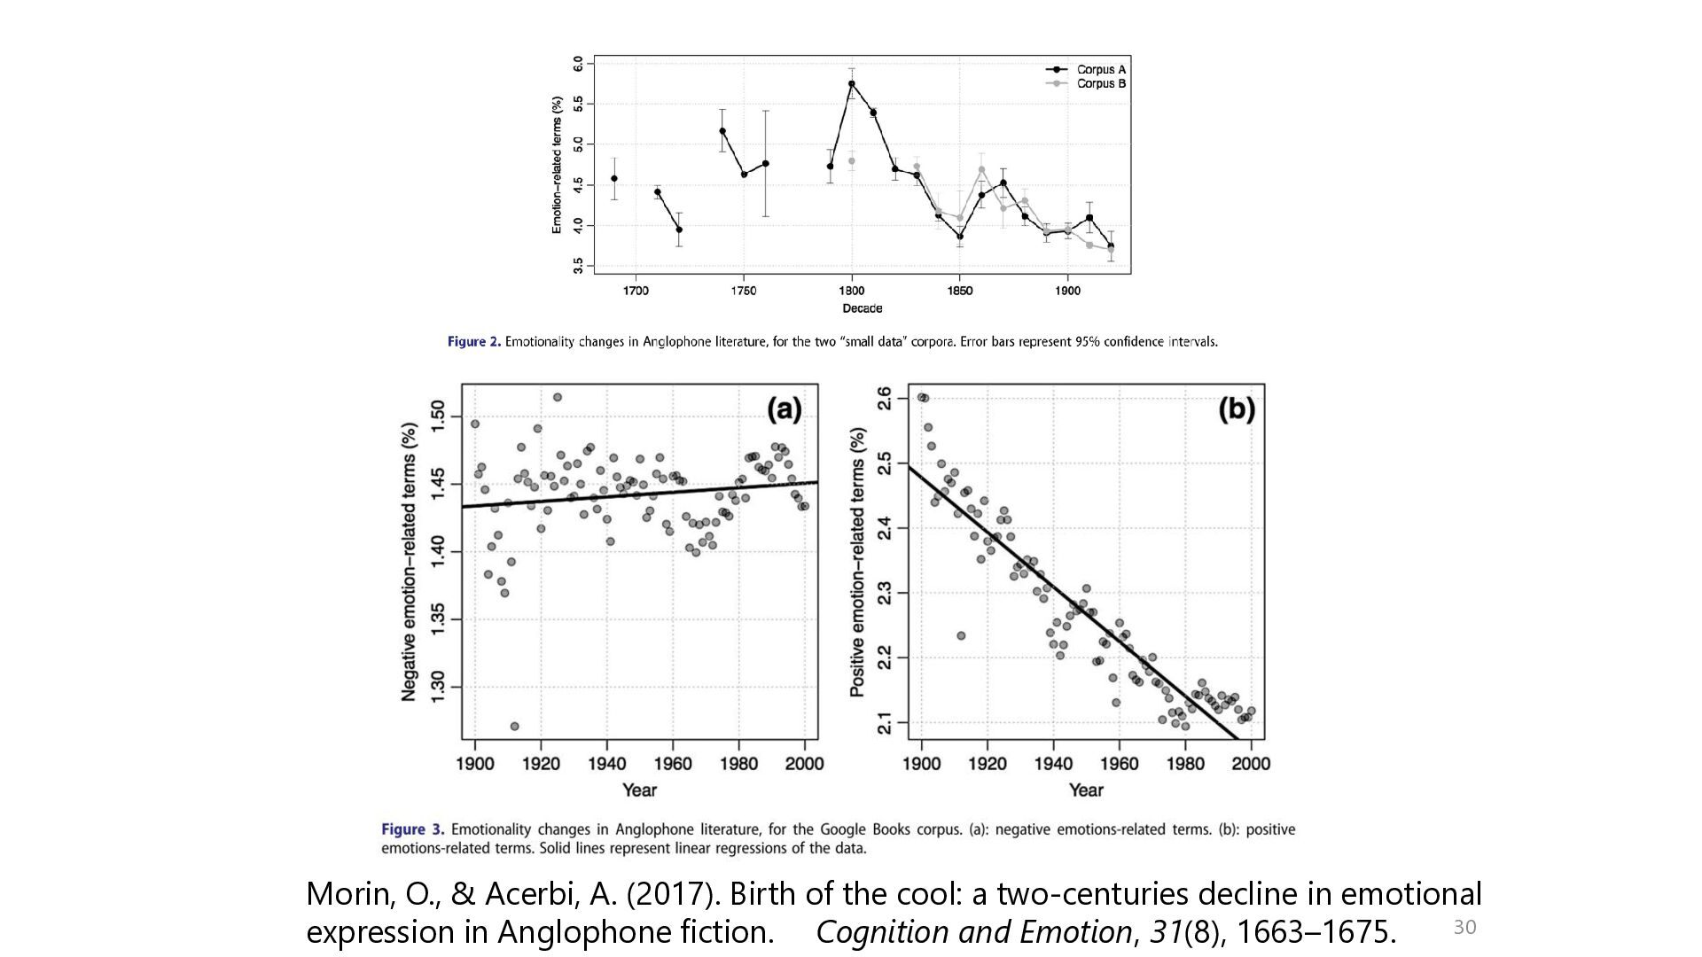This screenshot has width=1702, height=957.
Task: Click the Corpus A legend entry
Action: (1086, 69)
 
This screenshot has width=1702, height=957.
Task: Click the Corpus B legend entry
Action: (1086, 83)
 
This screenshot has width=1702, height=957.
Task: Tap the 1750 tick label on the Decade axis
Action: (744, 291)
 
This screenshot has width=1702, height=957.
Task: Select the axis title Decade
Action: (863, 308)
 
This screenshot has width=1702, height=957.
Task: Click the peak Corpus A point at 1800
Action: (852, 84)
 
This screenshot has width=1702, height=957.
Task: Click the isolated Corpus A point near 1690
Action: (614, 179)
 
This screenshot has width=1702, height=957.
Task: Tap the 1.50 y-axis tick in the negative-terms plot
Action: (437, 416)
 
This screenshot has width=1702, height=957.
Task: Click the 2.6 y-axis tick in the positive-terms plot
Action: (884, 399)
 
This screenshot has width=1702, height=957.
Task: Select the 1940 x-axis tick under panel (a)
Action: (607, 764)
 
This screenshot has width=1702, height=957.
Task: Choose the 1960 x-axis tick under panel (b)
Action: (1120, 764)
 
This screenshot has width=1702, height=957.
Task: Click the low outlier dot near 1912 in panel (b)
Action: (961, 635)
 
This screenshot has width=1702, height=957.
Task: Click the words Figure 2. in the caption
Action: (474, 342)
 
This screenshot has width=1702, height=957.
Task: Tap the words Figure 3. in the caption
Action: (413, 829)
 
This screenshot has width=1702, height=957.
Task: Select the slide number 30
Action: (1464, 927)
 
